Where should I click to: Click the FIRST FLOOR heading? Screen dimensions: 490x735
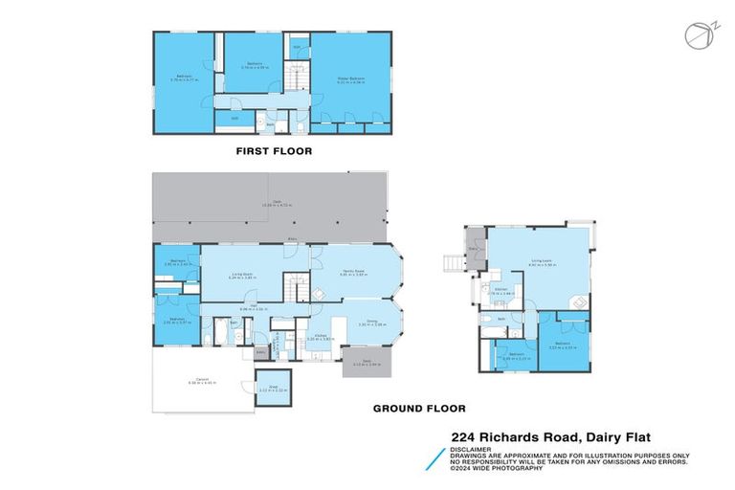(x=274, y=151)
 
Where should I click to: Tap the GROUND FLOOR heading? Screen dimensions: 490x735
(x=412, y=409)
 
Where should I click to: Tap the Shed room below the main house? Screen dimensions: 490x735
(x=275, y=388)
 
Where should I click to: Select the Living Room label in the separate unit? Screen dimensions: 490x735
(x=542, y=260)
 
